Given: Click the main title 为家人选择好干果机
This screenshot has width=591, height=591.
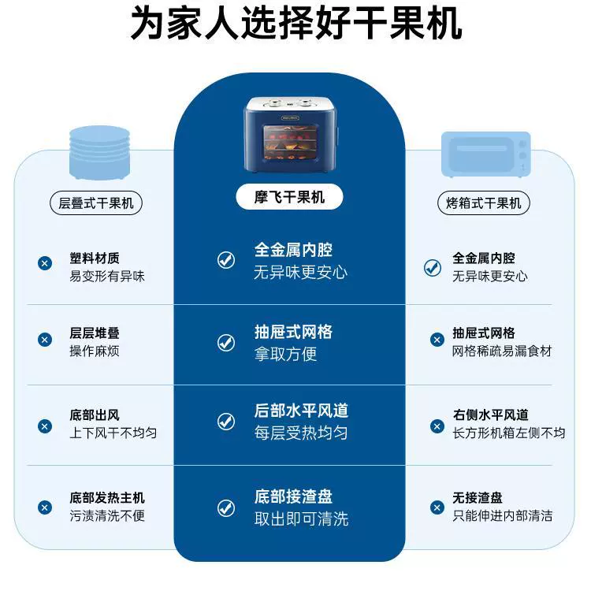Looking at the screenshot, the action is coord(295,24).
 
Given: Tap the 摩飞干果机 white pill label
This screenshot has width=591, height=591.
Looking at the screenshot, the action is coord(289,197).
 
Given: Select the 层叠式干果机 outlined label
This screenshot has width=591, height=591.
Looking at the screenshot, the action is coord(96,203).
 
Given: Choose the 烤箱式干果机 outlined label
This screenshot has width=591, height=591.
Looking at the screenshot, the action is coord(484,203).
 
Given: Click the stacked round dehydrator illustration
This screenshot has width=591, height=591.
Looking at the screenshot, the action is coord(99,153).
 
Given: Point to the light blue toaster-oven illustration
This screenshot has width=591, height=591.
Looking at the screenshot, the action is coord(486,154).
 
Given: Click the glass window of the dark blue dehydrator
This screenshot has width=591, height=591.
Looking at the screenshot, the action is coord(291,143).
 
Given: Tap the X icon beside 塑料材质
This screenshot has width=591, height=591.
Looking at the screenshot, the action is coord(45,263).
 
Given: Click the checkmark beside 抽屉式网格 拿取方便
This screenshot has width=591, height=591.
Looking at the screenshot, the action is coord(226,343).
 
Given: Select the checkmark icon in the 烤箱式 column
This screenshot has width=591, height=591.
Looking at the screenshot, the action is coord(433,268).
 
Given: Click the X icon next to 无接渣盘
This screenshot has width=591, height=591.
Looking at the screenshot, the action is coord(437,507).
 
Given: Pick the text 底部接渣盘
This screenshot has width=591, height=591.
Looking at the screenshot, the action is coord(293,496).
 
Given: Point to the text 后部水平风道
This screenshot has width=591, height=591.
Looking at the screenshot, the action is coord(301,411).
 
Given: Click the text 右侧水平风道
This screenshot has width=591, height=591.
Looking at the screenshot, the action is coord(490,414).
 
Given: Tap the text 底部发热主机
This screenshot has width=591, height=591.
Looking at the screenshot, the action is coord(107,497).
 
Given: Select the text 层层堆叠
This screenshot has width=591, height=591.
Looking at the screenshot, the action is coord(95,333).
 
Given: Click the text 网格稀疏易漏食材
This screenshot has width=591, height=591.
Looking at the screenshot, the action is coord(502,351).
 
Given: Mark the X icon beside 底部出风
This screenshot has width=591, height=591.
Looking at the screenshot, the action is coord(45,426).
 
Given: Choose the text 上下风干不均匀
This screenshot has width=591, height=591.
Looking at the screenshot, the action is coord(113,433).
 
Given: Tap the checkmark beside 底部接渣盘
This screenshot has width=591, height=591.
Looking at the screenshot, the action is coord(226,507).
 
